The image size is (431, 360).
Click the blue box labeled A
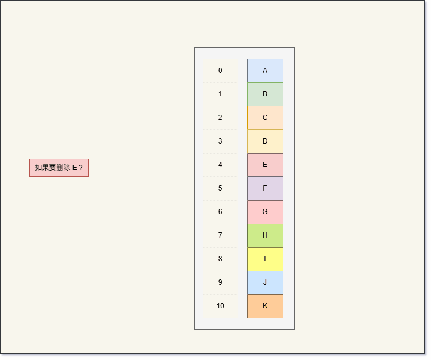tap(265, 71)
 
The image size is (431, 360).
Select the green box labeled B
tap(265, 94)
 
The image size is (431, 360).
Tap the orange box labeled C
tap(265, 118)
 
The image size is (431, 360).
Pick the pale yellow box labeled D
tap(265, 141)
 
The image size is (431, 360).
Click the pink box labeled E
tap(265, 165)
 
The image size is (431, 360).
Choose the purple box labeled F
tap(265, 188)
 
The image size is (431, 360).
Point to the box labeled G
tap(265, 212)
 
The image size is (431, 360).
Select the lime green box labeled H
tap(265, 235)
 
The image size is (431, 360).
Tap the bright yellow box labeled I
tap(265, 259)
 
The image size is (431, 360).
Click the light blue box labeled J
tap(265, 282)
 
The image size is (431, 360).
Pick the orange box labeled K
tap(265, 306)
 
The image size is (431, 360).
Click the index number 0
tap(220, 71)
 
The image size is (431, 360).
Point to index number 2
tap(220, 118)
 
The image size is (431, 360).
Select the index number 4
tap(220, 165)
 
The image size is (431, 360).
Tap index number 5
tap(220, 188)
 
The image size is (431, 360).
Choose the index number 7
tap(220, 235)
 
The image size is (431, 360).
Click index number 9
tap(220, 282)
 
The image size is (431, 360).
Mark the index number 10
tap(220, 306)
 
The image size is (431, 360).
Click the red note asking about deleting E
tap(59, 168)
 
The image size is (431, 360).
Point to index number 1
tap(220, 94)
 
